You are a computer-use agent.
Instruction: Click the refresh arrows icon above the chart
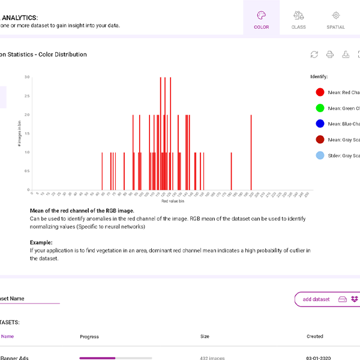tap(314, 55)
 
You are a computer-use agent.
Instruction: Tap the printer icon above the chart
tap(329, 55)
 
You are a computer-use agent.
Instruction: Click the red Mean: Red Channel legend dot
tap(320, 92)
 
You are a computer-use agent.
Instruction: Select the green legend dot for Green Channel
tap(320, 108)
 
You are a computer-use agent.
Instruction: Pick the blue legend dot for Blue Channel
tap(320, 124)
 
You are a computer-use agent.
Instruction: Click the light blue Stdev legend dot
tap(320, 155)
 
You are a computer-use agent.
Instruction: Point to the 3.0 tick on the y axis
tap(26, 77)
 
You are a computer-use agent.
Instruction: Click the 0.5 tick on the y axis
tap(26, 171)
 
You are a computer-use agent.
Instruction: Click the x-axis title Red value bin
tap(173, 202)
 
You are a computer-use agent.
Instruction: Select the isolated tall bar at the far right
tap(250, 152)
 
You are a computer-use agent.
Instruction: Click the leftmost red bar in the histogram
tap(102, 171)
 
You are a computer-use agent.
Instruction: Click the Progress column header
tap(89, 337)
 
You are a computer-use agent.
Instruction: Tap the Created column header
tap(314, 337)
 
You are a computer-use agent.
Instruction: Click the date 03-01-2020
tap(318, 358)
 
